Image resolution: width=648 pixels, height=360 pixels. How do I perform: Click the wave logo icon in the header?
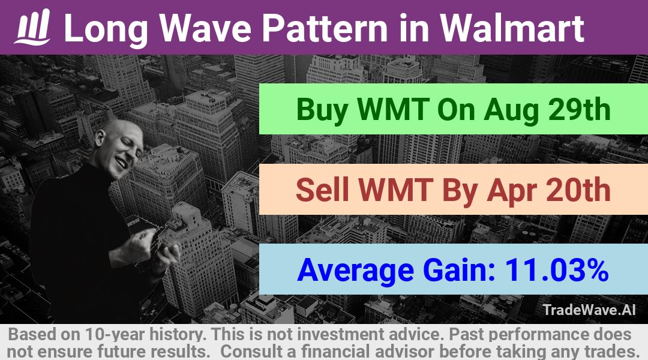pyautogui.click(x=32, y=27)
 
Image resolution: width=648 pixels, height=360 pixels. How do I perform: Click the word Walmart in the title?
pyautogui.click(x=511, y=28)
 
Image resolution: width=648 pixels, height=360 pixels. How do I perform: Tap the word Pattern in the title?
pyautogui.click(x=325, y=28)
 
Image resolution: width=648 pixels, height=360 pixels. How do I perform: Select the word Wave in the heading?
pyautogui.click(x=205, y=28)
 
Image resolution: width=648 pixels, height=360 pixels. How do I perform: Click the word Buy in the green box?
pyautogui.click(x=321, y=110)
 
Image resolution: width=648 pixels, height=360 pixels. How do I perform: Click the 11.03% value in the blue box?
pyautogui.click(x=556, y=270)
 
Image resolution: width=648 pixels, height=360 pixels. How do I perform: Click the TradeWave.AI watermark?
pyautogui.click(x=589, y=310)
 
